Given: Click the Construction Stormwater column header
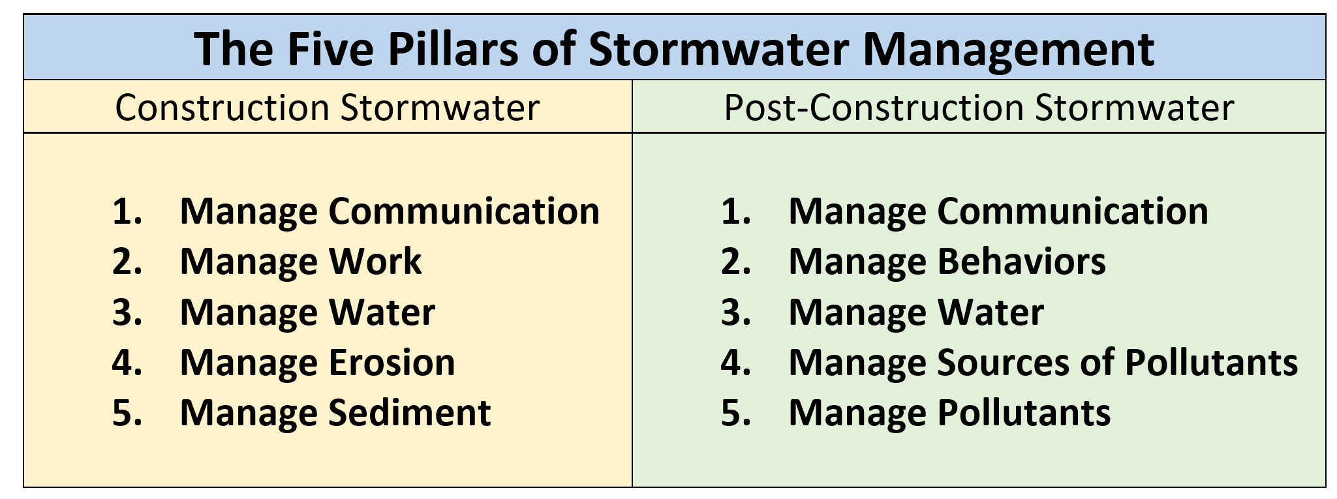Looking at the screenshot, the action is pos(328,108).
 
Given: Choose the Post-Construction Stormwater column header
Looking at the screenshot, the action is pos(979,108).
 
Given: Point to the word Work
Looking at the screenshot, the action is pos(375,261).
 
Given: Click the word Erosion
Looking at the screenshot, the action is pos(392,362).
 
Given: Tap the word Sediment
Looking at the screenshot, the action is pos(409,412).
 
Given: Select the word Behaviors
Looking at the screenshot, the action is pos(1021,261).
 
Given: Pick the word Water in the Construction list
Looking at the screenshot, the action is pos(382,312).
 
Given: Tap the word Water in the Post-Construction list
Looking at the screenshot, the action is pos(991,312).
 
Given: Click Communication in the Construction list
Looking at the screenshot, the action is pos(464,211).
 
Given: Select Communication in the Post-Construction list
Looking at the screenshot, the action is pos(1073,211).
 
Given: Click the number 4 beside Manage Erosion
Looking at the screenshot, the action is pos(127,362).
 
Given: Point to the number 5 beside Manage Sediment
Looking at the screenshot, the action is pos(127,412).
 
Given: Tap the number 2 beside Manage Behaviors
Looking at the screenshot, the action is pos(735,261).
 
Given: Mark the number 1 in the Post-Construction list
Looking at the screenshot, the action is pos(735,211).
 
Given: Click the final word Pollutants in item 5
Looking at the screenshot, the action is pos(1024,412).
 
